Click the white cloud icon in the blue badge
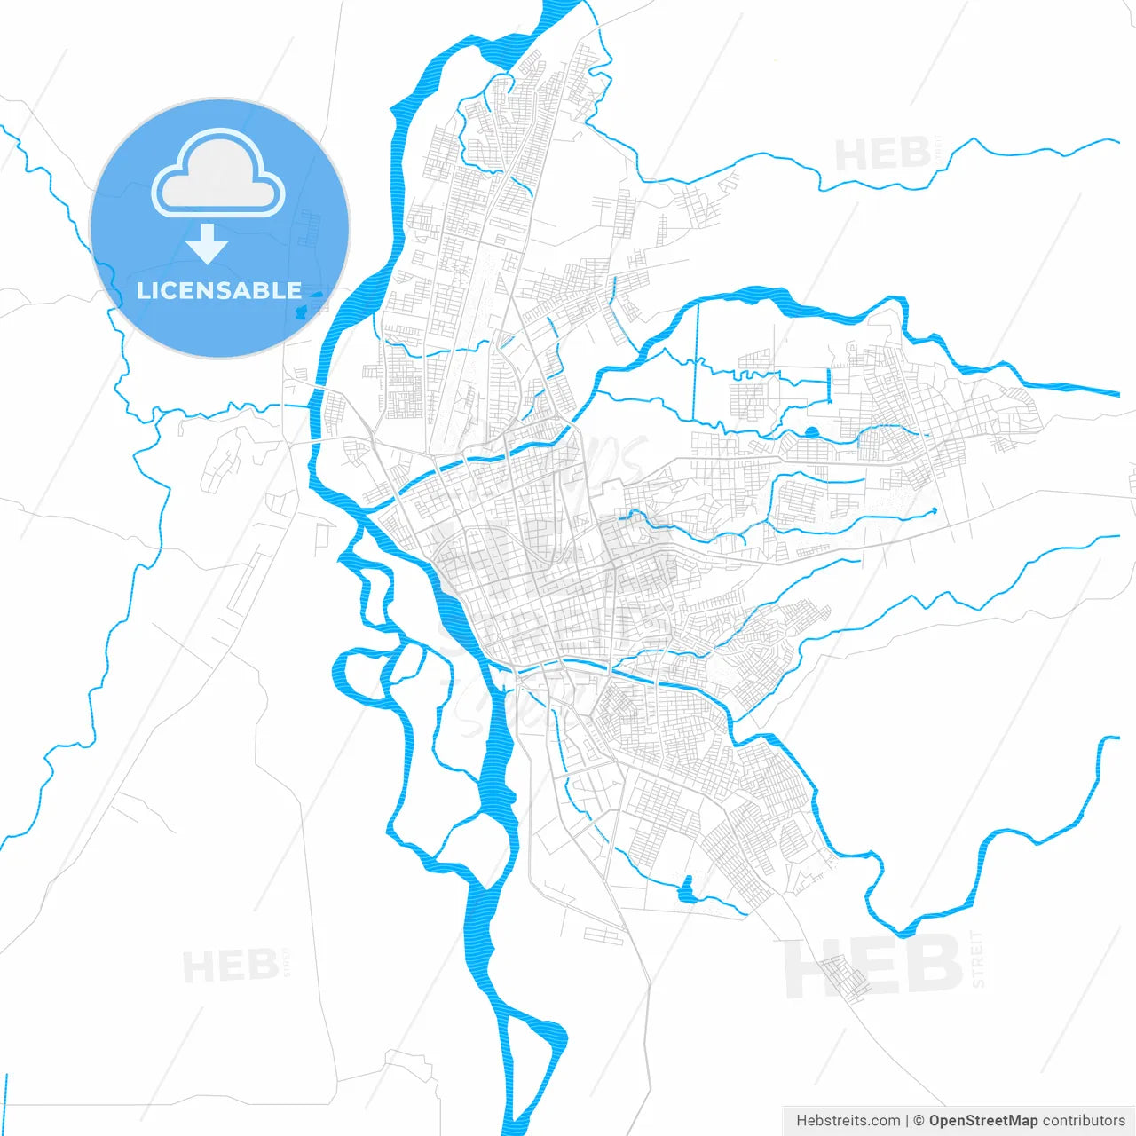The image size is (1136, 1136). click(x=218, y=174)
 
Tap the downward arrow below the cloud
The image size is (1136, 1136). click(x=208, y=244)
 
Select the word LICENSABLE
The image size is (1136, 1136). click(x=219, y=290)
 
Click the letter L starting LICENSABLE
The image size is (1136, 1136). click(x=143, y=290)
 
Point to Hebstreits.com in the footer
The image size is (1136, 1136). click(x=848, y=1121)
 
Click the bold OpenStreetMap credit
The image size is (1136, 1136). click(x=982, y=1121)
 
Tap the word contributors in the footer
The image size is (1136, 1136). click(x=1084, y=1121)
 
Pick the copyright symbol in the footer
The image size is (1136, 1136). click(x=919, y=1121)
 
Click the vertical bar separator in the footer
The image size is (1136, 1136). click(x=907, y=1121)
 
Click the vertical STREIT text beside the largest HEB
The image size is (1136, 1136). click(x=977, y=958)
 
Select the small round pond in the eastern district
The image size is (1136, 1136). click(x=811, y=433)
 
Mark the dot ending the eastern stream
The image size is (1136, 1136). click(x=934, y=511)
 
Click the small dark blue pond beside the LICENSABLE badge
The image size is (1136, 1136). click(x=302, y=312)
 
